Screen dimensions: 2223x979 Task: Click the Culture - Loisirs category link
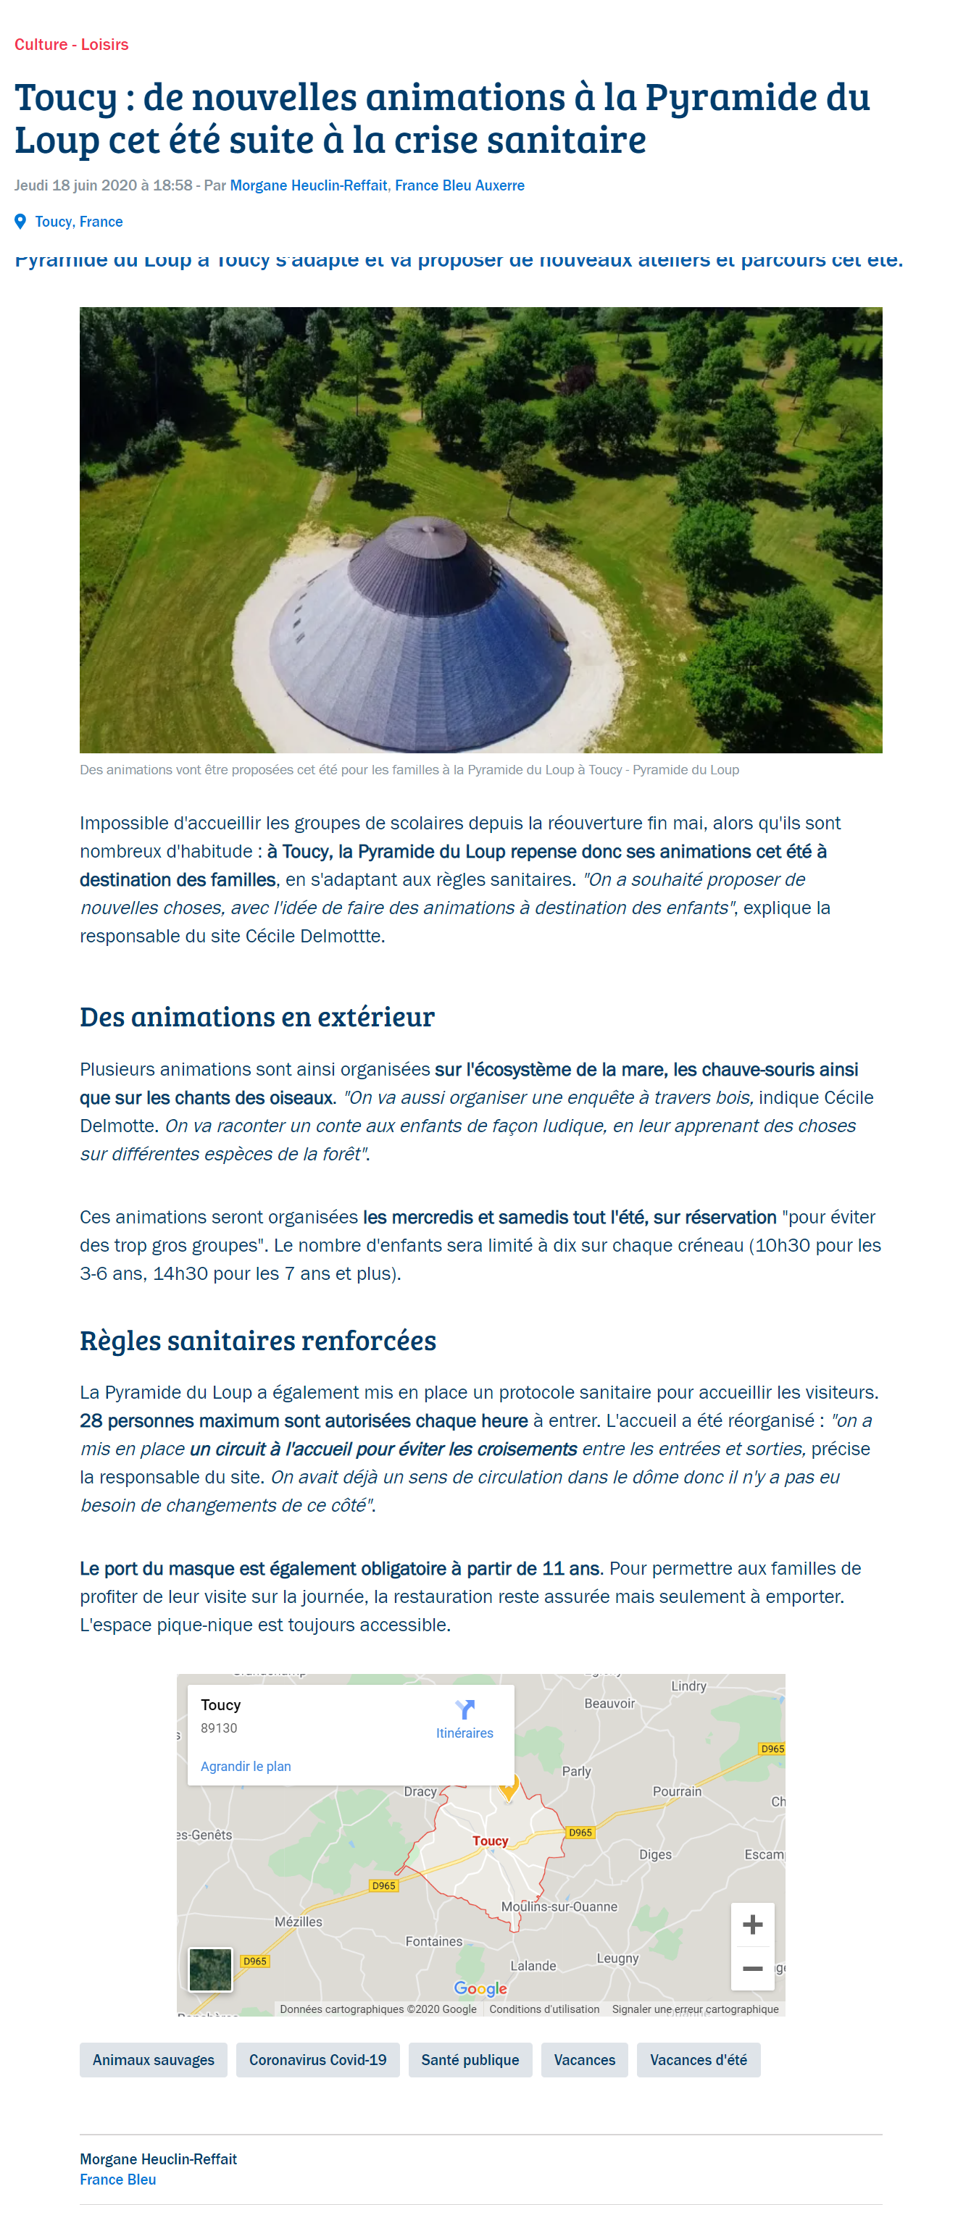coord(71,45)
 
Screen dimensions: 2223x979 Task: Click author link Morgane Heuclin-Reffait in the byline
coord(308,185)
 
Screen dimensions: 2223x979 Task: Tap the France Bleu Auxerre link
coord(459,185)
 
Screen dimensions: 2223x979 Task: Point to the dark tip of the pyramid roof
coord(425,524)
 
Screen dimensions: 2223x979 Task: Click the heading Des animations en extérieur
coord(257,1016)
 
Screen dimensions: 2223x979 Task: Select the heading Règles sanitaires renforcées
coord(257,1340)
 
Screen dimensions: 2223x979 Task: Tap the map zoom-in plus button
coord(752,1925)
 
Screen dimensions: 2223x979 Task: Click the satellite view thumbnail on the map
coord(210,1969)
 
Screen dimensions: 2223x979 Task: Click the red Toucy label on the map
coord(490,1841)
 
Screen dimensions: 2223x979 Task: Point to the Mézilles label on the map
coord(298,1922)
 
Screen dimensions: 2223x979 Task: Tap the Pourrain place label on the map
coord(677,1791)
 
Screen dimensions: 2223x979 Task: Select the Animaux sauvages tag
coord(153,2060)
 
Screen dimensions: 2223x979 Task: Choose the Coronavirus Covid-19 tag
coord(317,2060)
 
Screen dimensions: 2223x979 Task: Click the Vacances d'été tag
coord(698,2060)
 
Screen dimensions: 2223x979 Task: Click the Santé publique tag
coord(470,2060)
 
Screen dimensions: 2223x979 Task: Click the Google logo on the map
coord(480,1988)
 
